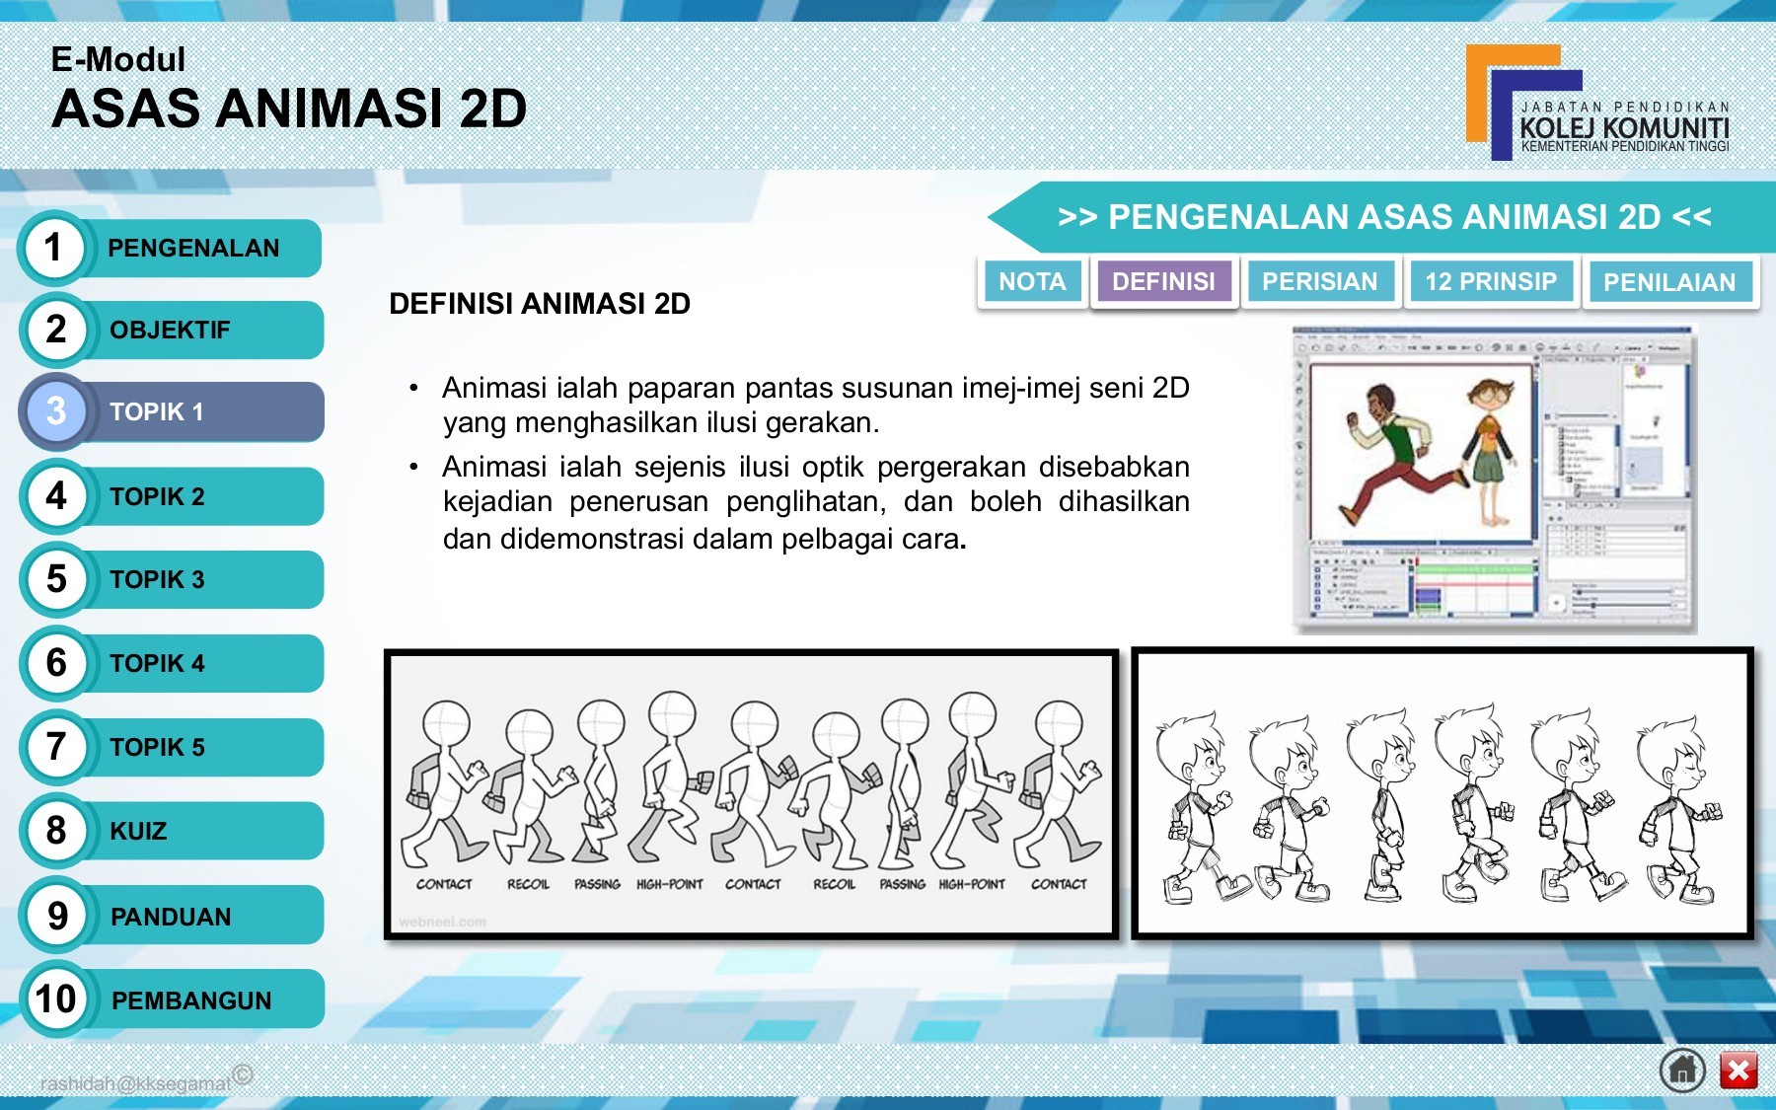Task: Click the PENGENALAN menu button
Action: [x=193, y=249]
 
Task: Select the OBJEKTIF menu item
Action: [x=170, y=331]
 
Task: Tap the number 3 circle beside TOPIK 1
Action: [x=56, y=411]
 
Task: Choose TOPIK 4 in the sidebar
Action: [x=158, y=663]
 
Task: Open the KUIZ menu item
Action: [x=139, y=831]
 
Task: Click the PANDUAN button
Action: [x=171, y=917]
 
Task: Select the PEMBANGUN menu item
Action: [x=191, y=1000]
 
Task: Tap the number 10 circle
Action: [x=56, y=999]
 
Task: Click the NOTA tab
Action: [x=1032, y=282]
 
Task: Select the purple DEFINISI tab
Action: [x=1163, y=282]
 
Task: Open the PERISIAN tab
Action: [x=1319, y=282]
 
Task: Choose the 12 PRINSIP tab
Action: [x=1490, y=282]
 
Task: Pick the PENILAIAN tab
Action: [x=1668, y=283]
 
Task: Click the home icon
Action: [x=1682, y=1070]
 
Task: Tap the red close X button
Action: [x=1739, y=1071]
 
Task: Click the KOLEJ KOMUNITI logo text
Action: [x=1624, y=128]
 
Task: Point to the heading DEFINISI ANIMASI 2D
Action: [x=540, y=304]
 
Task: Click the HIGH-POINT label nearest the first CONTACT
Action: [x=669, y=884]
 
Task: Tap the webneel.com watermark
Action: [x=442, y=922]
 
